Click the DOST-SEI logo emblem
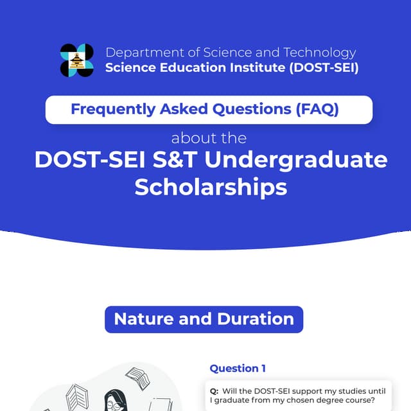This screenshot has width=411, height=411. pos(76,60)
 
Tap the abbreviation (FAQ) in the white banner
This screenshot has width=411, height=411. pos(317,109)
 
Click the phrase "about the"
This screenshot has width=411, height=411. pos(209,138)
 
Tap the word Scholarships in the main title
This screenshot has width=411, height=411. pos(210,187)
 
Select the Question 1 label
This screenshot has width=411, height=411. pos(238,368)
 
